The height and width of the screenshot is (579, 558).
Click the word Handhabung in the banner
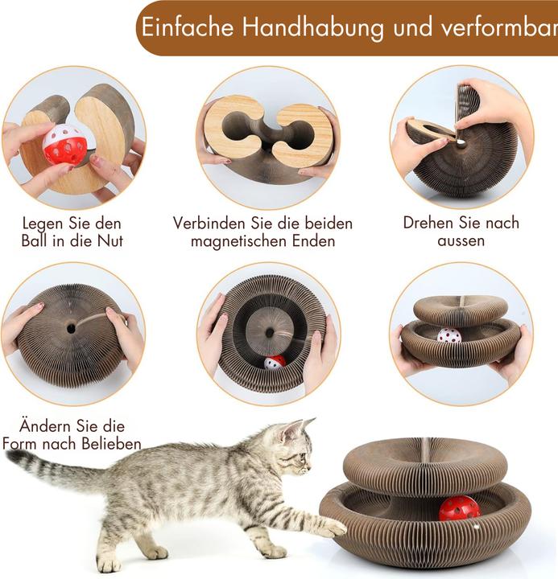313,27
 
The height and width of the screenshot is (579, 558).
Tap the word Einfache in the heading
188,27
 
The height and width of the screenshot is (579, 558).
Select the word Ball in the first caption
32,240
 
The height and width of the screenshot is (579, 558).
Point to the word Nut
110,240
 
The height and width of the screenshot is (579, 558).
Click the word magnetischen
238,241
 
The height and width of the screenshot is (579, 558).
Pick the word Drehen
429,223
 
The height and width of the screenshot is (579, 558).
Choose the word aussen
461,240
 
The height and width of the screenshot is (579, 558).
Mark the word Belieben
111,443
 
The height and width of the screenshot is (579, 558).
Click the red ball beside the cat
460,508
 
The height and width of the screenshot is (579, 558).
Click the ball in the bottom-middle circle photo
275,362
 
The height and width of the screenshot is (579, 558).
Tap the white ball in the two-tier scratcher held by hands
449,335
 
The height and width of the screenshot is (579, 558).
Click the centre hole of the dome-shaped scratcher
71,328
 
